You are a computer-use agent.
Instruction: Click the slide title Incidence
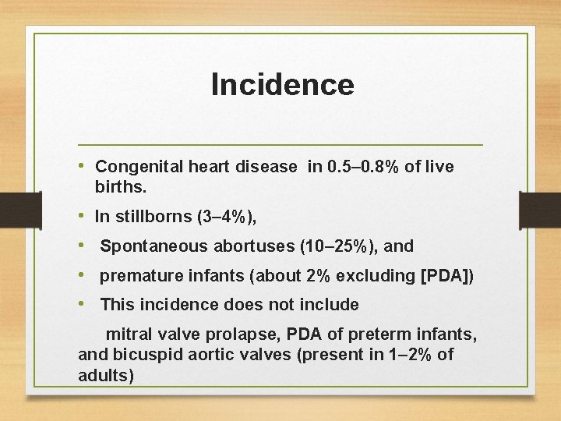point(282,84)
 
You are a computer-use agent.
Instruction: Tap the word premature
point(137,275)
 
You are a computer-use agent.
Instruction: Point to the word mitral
point(128,334)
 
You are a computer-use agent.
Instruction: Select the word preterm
point(389,334)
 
